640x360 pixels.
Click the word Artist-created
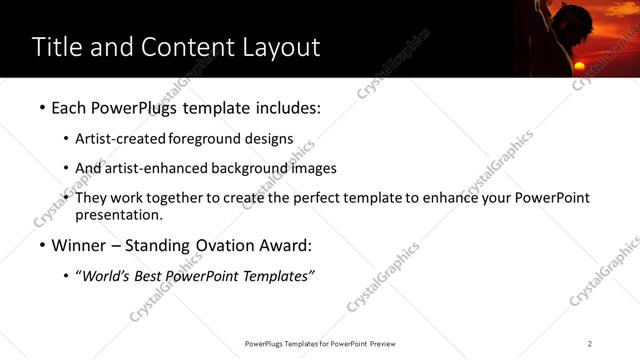(x=120, y=139)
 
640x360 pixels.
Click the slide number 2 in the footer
(x=590, y=343)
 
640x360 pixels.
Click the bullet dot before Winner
(x=41, y=246)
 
